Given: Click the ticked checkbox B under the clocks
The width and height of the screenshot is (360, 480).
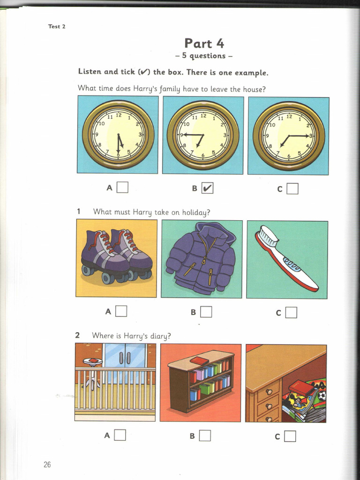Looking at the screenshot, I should tap(208, 188).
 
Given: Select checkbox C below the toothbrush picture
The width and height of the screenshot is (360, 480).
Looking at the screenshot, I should tap(291, 312).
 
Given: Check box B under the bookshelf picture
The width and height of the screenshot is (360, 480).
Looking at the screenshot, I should tap(205, 435).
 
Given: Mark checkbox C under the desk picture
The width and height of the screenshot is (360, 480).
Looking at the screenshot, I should tap(290, 436).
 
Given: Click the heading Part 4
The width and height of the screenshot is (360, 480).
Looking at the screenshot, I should tap(204, 44).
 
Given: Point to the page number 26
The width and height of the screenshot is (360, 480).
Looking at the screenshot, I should tap(47, 465).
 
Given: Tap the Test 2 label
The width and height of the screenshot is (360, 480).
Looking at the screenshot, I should tap(57, 26).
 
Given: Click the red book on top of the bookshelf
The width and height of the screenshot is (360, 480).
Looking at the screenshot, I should tap(199, 360).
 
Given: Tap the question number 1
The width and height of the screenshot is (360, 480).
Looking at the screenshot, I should tap(79, 211).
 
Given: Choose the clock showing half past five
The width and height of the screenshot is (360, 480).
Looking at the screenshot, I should tap(118, 135).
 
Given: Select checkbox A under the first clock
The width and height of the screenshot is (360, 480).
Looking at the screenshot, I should tap(122, 187).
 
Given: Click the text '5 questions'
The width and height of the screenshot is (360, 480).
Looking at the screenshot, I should tap(204, 56).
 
